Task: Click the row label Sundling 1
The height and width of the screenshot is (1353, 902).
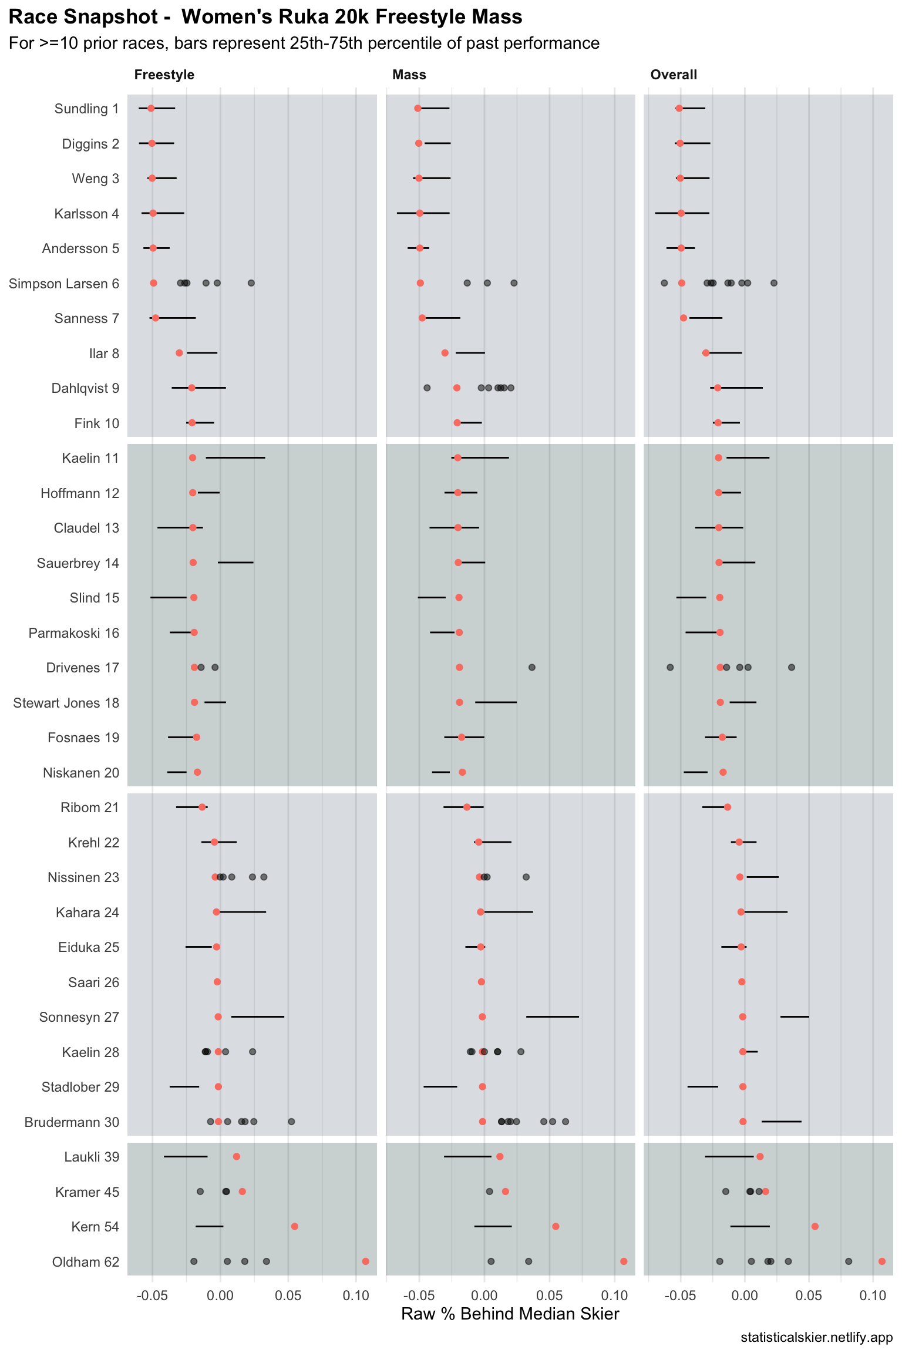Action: (x=86, y=109)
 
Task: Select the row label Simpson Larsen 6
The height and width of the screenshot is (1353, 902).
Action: (x=64, y=284)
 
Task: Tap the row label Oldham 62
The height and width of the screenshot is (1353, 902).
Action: (x=86, y=1262)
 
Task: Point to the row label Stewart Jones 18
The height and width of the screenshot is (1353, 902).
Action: (x=66, y=703)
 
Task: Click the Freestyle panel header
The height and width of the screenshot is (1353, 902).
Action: (x=164, y=75)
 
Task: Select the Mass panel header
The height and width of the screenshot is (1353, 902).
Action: (x=409, y=75)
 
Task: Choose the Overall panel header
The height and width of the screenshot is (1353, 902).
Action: (x=674, y=75)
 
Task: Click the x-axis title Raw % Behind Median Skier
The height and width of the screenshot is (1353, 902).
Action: (x=510, y=1314)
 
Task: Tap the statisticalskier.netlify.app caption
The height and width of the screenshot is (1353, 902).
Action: (x=816, y=1338)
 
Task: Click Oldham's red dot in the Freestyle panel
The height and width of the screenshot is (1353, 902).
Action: (x=366, y=1261)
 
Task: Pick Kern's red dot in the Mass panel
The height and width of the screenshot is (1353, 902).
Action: (x=556, y=1226)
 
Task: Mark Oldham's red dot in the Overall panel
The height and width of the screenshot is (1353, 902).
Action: (x=881, y=1261)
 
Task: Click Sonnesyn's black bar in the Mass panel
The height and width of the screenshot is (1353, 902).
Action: (x=553, y=1017)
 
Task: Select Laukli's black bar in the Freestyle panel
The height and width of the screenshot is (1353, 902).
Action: (x=186, y=1156)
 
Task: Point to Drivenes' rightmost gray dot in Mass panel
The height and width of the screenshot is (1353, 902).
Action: (x=532, y=667)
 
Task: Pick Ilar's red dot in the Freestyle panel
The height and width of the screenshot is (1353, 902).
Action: (x=179, y=353)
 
